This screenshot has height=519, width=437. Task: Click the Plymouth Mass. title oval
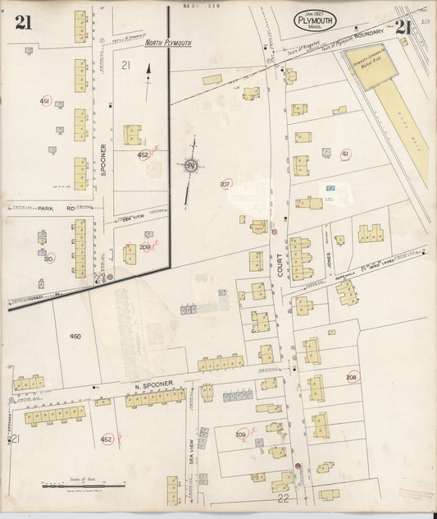coord(314,20)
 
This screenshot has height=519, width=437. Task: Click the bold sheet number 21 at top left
coord(24,22)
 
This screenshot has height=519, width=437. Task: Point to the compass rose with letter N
coord(190,166)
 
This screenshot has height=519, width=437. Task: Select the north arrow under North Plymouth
coord(148,83)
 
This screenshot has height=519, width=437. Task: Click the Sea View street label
coord(192,448)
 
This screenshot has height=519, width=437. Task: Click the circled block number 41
coord(345,154)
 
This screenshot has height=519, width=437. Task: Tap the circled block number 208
coord(352,378)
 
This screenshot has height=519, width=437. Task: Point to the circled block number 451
coord(45,100)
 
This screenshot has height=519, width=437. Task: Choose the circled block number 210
coord(48,259)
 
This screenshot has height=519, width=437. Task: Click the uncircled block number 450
coord(75,337)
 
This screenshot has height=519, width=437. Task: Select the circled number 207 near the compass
coord(225,184)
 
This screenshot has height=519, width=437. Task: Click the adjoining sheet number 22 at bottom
coord(283,498)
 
